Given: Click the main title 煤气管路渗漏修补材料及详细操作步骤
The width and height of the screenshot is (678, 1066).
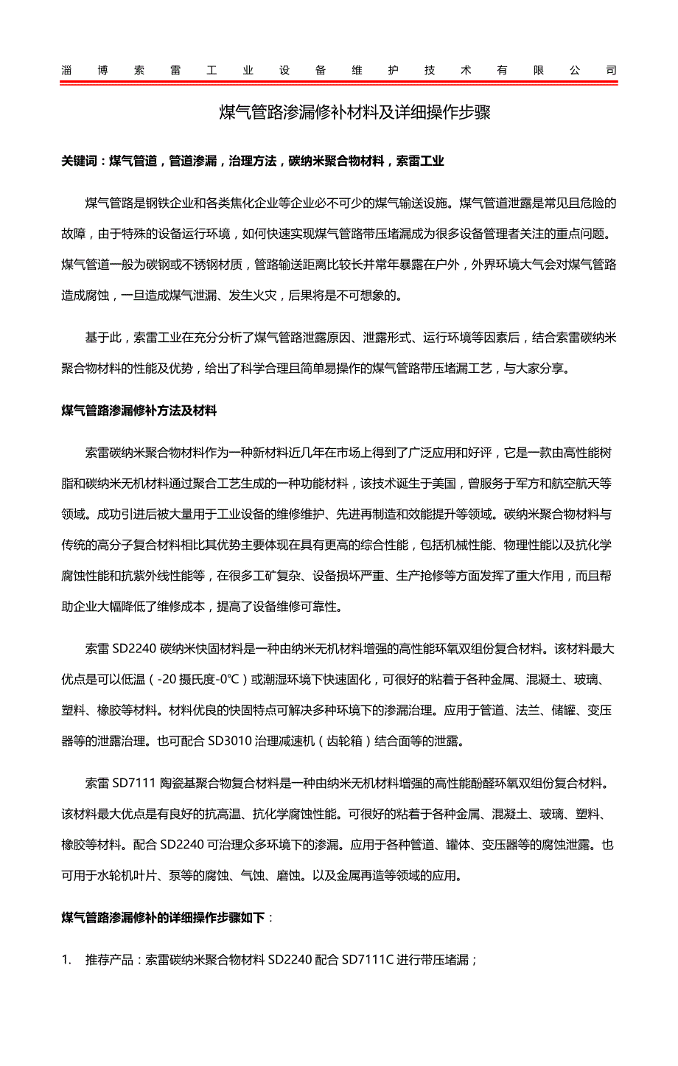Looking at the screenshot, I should (355, 113).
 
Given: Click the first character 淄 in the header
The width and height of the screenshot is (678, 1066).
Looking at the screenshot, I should (66, 71).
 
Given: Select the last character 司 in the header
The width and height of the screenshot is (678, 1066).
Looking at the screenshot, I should (611, 71).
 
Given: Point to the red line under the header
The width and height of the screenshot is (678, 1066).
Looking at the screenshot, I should (339, 83).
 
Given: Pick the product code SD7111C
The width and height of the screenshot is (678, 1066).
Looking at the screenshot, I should (368, 960).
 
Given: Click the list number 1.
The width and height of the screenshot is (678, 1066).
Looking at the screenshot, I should (66, 960).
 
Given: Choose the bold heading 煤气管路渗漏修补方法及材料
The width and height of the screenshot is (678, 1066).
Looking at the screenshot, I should (139, 411).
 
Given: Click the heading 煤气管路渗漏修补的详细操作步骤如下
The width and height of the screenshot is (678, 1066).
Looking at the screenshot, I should (163, 918).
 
